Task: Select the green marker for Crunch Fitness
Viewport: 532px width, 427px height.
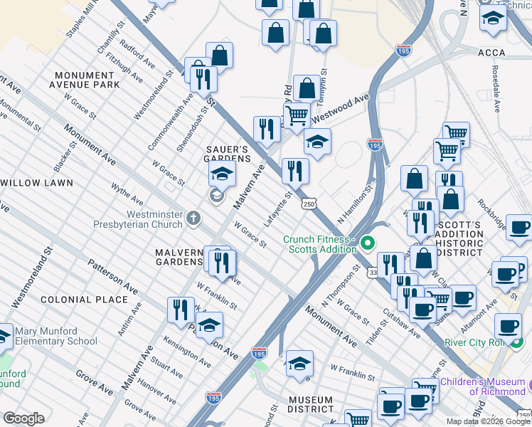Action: (x=367, y=243)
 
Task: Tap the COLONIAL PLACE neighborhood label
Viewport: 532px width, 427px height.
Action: (x=84, y=300)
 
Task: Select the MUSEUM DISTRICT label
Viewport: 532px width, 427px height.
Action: (x=311, y=404)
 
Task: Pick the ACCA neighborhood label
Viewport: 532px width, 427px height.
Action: (x=491, y=52)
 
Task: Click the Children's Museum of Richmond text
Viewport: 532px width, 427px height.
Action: (x=482, y=386)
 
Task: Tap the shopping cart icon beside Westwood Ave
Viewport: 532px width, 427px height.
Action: (x=297, y=114)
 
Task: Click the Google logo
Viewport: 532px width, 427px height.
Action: (x=23, y=418)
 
